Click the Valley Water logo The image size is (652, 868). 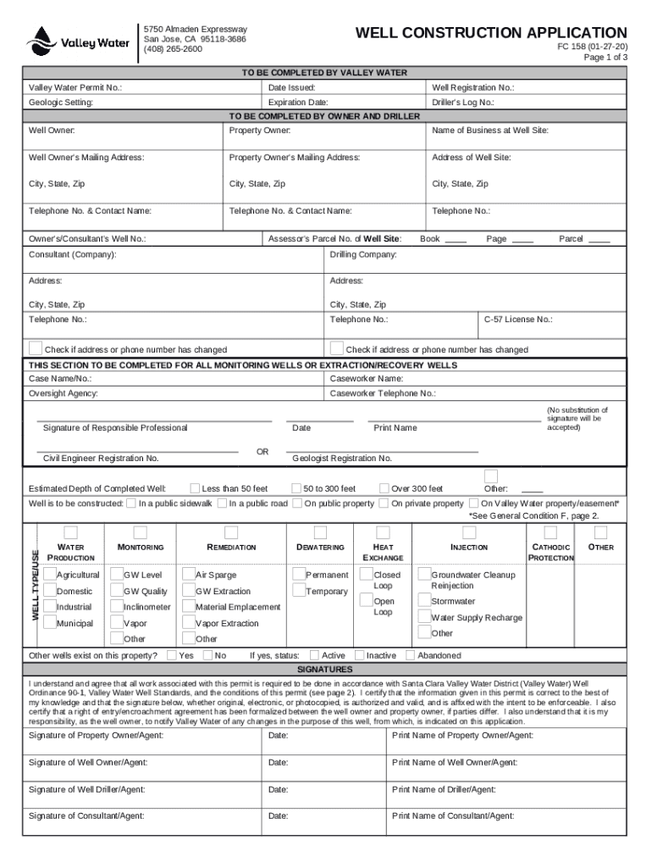point(78,41)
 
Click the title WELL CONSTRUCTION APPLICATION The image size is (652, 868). point(491,33)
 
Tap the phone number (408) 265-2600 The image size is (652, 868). point(173,49)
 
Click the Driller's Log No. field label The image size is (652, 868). point(462,103)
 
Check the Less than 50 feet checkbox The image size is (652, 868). point(195,488)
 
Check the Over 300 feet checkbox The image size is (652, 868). point(384,488)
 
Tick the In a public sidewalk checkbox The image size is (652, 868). point(131,504)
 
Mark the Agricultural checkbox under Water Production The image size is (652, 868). point(49,575)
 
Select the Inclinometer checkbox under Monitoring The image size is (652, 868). point(117,607)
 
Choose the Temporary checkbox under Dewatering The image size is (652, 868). point(298,591)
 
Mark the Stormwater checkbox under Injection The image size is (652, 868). point(424,602)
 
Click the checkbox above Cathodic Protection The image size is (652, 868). point(550,532)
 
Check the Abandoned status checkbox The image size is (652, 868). point(411,655)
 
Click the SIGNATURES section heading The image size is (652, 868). point(324,669)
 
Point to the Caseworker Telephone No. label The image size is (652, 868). point(383,393)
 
